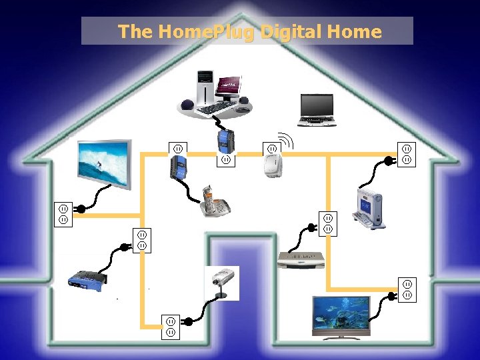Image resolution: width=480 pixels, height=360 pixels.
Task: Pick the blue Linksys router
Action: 87,279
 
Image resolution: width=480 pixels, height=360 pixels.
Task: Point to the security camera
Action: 221,283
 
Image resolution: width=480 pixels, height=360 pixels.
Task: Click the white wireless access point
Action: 271,165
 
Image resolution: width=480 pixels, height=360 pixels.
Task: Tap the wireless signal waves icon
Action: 286,141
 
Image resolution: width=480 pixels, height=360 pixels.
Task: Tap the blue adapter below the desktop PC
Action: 225,139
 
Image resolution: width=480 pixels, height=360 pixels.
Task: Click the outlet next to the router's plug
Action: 142,240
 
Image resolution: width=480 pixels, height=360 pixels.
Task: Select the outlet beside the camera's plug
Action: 171,326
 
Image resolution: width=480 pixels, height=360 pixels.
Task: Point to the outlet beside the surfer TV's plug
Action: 63,215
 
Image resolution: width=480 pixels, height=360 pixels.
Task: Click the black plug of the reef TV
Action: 389,294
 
